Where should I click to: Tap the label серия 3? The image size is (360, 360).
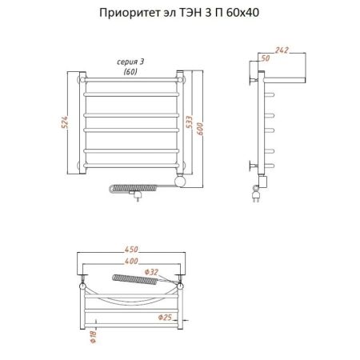[x=130, y=62]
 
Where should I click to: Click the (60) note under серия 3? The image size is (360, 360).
[x=130, y=72]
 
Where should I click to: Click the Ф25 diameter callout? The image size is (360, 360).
[x=165, y=318]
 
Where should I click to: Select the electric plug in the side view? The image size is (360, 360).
[x=257, y=194]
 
